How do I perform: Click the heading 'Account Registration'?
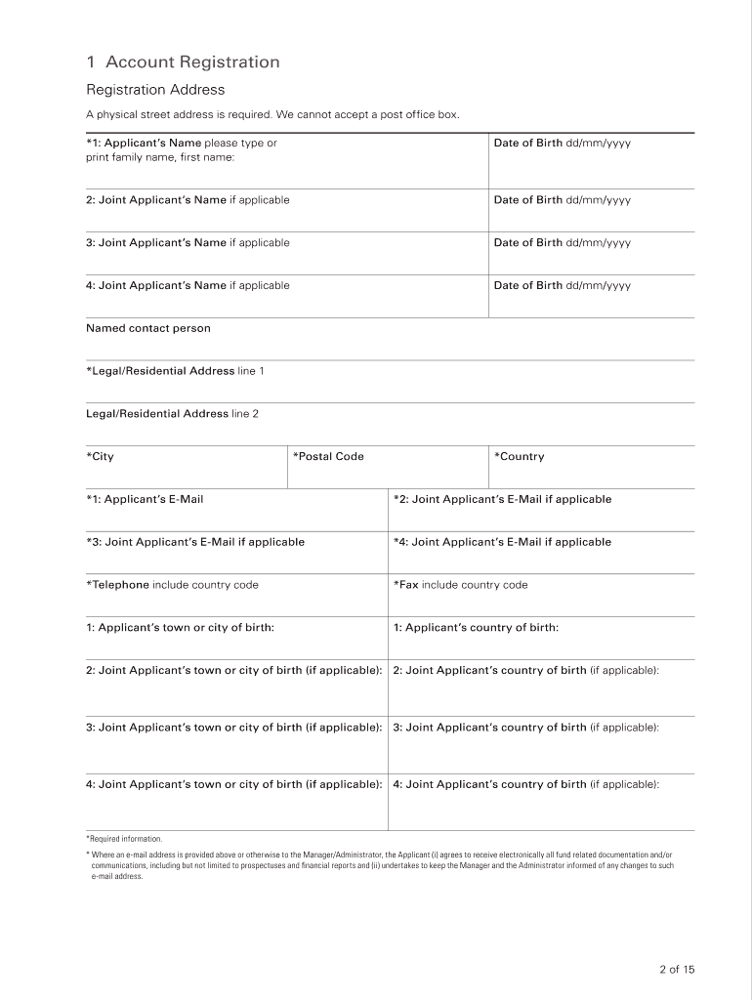[192, 62]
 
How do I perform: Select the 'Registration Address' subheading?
[155, 90]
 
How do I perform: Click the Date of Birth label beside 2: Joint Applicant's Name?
[562, 200]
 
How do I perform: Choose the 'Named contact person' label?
[148, 328]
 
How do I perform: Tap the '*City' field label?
[100, 457]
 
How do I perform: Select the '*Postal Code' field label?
[328, 457]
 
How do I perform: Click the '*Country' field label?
[520, 457]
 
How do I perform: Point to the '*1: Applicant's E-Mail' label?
[145, 499]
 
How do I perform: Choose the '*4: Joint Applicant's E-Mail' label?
[502, 542]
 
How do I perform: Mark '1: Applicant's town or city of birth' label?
[180, 628]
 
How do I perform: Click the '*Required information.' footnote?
[124, 839]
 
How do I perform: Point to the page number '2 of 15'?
[676, 970]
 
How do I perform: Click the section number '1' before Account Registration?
[91, 62]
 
